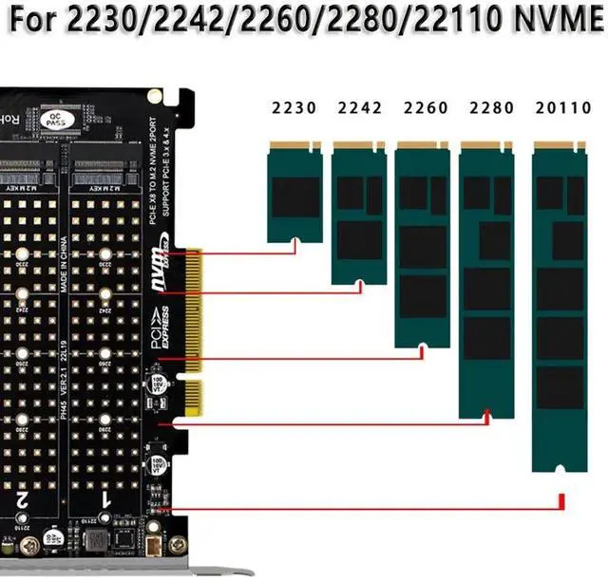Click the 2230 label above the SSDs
[294, 108]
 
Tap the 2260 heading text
[424, 108]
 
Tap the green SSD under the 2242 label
[359, 214]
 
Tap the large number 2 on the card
[21, 496]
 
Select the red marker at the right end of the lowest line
[561, 500]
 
